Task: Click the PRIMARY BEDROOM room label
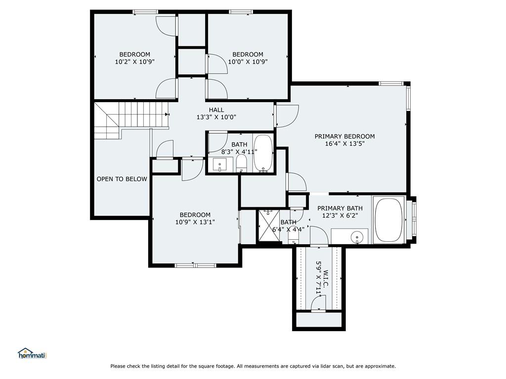[344, 136]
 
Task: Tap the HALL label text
[216, 110]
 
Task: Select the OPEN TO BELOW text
[122, 179]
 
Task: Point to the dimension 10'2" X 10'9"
[135, 62]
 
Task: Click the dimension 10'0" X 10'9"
[248, 62]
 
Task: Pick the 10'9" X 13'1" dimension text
[195, 222]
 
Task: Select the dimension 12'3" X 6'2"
[340, 216]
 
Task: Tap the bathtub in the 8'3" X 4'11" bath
[263, 153]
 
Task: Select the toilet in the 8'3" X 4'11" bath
[241, 163]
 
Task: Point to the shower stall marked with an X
[269, 226]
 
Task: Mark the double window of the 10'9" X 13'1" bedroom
[196, 265]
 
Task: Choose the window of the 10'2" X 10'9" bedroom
[146, 12]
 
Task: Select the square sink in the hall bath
[220, 165]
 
